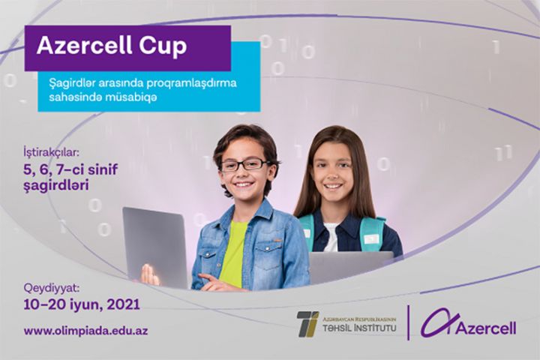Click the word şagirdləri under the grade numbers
pos(56,185)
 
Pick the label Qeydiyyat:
pos(50,289)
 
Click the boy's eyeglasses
pos(243,164)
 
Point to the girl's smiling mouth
pos(333,186)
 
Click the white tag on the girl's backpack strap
pos(372,238)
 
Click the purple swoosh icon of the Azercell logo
pos(435,322)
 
